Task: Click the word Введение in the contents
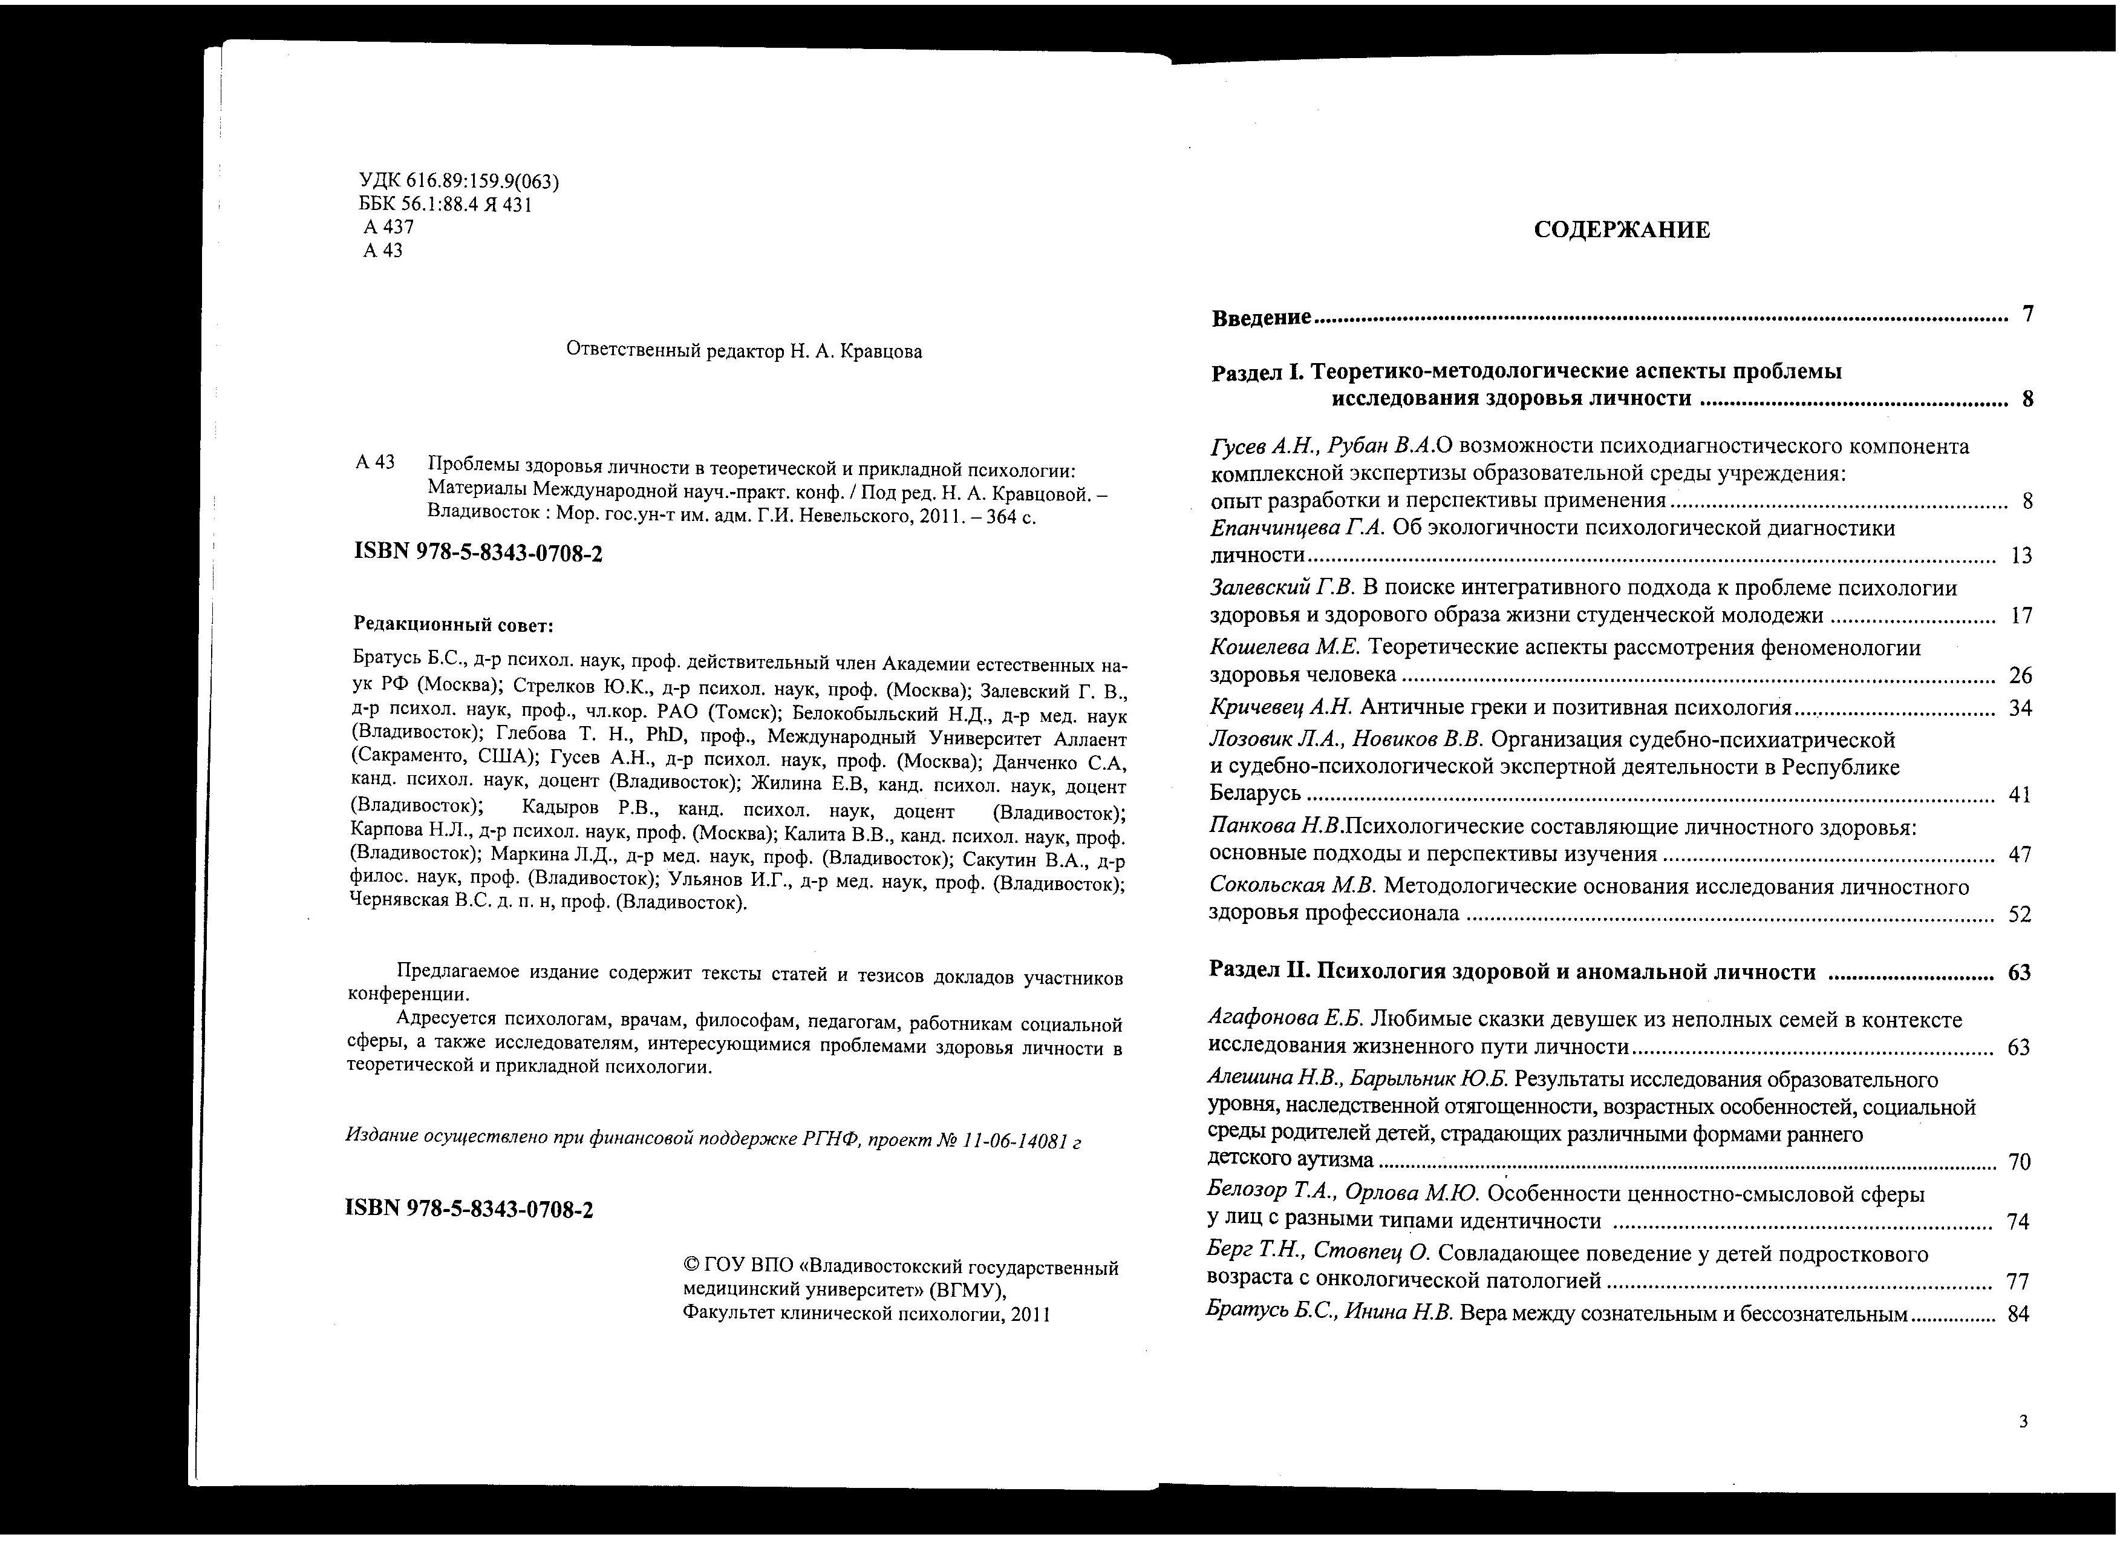[1261, 318]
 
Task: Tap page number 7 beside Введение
[2027, 315]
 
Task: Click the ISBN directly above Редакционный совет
[478, 553]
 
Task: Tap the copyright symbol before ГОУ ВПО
[692, 1267]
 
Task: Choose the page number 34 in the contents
[2020, 709]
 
